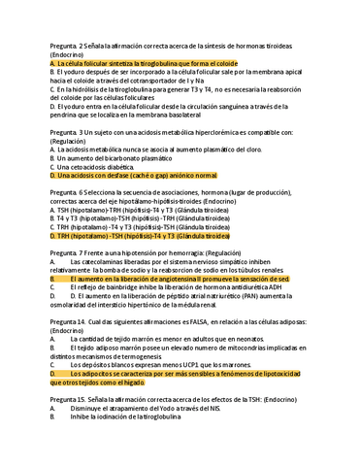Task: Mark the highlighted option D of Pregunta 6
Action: click(x=146, y=234)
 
